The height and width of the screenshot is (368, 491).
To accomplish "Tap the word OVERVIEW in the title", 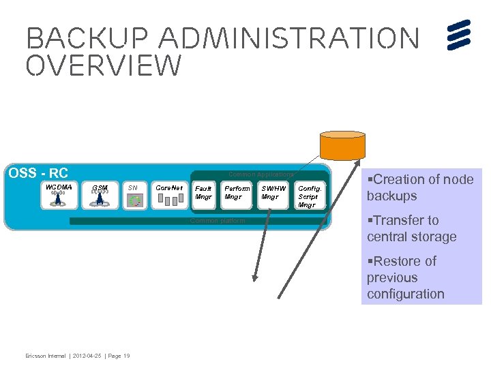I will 104,66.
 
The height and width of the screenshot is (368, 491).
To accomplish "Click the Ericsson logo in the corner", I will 460,35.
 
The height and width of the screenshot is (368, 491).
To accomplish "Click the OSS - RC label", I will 38,173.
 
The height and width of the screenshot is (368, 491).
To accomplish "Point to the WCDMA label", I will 58,187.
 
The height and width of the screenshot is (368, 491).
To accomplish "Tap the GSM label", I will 100,188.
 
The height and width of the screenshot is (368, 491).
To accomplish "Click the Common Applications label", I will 261,174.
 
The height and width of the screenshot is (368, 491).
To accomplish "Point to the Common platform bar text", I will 217,221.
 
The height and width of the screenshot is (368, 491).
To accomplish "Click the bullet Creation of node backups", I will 419,187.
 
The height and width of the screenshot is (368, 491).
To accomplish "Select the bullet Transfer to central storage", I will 411,228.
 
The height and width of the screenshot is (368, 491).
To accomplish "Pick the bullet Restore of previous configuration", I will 405,277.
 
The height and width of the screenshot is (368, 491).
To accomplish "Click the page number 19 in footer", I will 127,356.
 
